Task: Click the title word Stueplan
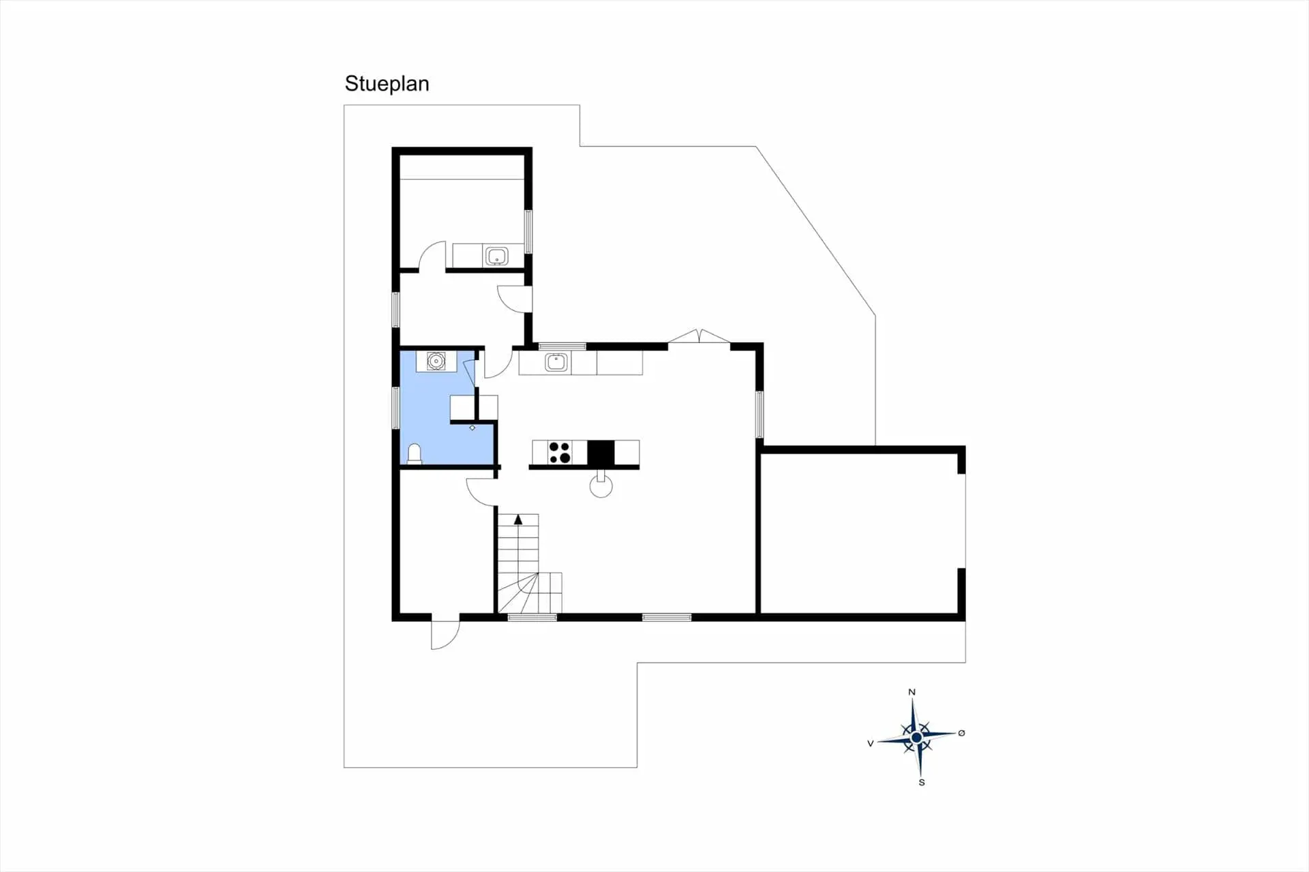coord(387,84)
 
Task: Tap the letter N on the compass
coord(912,692)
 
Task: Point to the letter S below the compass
coord(922,783)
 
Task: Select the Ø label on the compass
coord(961,733)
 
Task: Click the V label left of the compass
coord(871,743)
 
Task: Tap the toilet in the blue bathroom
coord(414,453)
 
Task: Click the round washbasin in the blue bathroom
coord(436,361)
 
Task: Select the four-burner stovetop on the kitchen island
coord(560,453)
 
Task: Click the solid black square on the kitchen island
coord(601,453)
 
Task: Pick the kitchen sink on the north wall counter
coord(556,362)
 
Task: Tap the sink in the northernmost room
coord(496,256)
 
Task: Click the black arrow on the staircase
coord(518,520)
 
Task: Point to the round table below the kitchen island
coord(601,486)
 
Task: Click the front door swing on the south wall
coord(444,633)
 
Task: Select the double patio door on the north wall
coord(699,336)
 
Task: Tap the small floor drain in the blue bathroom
coord(472,427)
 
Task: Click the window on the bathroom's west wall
coord(395,408)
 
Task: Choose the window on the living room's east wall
coord(759,414)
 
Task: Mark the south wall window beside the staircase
coord(532,618)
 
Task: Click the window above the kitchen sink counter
coord(562,346)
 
